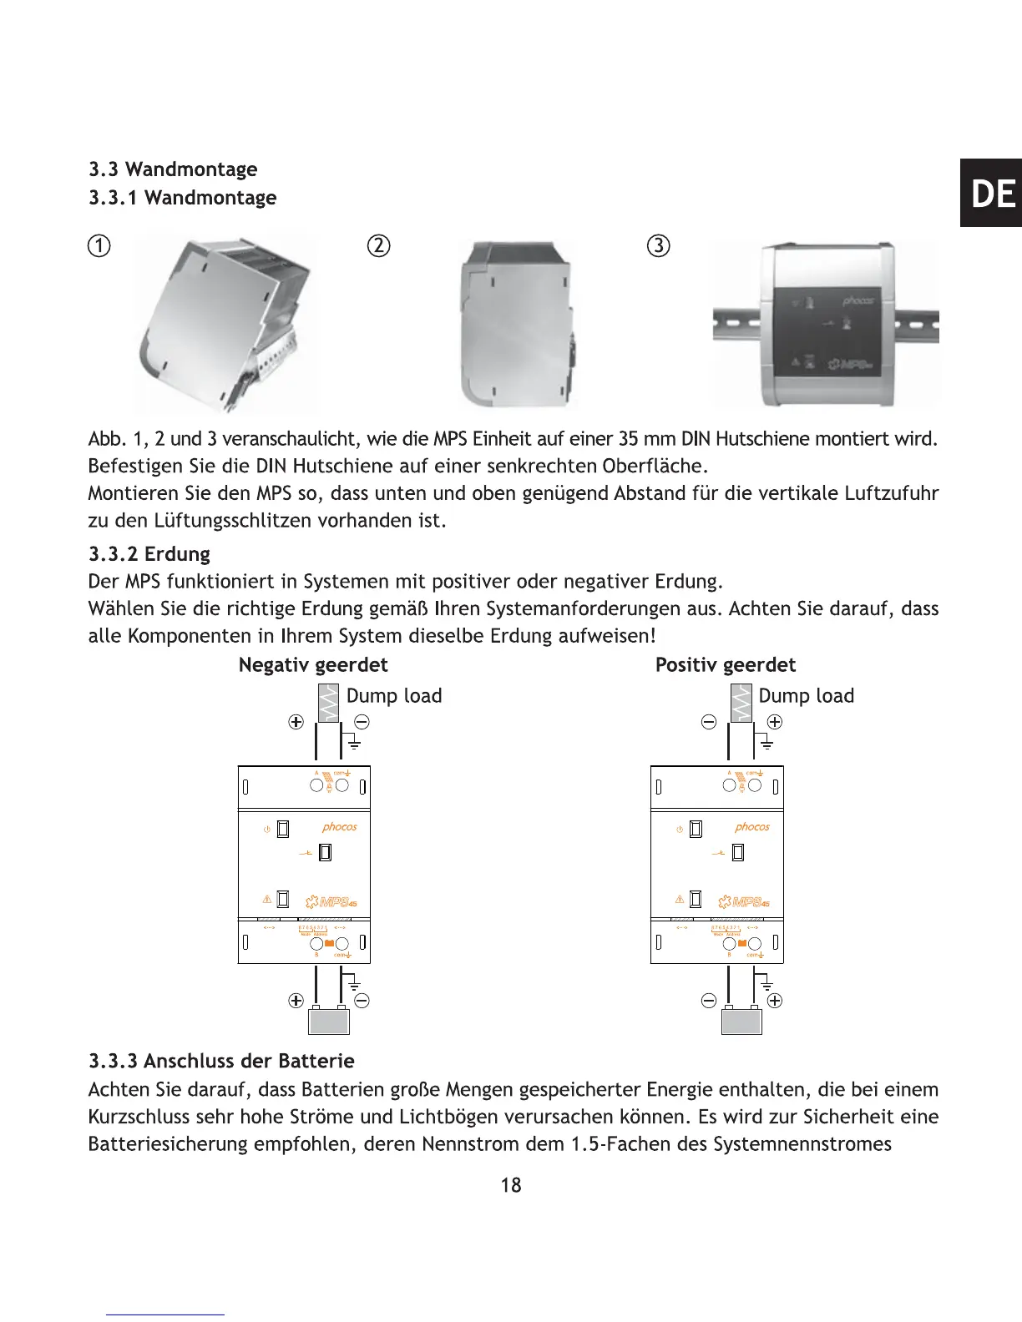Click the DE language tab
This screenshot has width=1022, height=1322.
992,194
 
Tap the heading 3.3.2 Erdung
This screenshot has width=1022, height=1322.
149,554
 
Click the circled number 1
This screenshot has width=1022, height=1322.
99,246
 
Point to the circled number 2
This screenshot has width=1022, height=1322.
379,246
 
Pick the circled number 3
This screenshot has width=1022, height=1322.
659,246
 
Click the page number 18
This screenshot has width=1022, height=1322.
511,1185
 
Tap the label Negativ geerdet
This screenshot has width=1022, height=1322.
313,665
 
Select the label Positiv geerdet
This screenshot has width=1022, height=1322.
726,665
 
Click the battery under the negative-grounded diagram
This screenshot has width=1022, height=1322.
329,1020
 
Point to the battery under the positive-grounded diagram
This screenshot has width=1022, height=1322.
741,1020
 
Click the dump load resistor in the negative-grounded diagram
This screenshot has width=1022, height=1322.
329,703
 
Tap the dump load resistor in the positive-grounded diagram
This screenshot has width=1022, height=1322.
741,703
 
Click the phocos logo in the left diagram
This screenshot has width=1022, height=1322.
340,827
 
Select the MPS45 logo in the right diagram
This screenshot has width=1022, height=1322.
744,901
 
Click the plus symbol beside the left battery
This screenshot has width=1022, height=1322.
296,1001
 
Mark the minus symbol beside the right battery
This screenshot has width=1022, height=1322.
709,1001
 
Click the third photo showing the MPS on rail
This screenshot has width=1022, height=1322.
827,324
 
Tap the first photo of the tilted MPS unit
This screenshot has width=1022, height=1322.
225,324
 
